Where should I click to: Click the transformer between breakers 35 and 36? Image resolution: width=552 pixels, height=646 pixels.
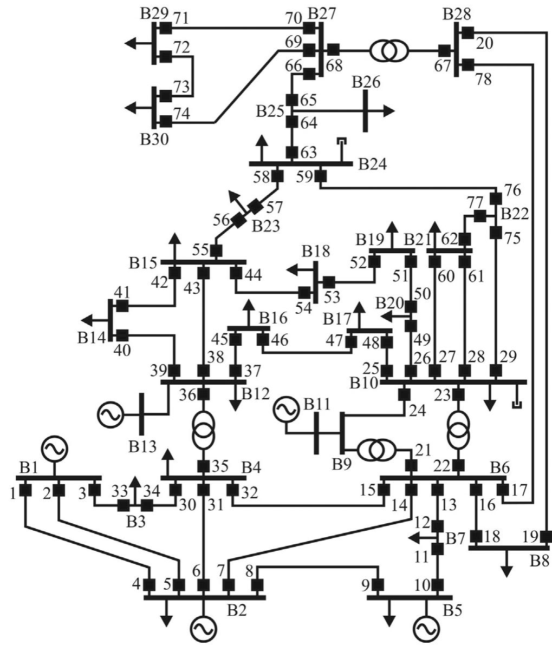203,427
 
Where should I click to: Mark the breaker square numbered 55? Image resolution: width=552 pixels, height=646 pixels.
216,251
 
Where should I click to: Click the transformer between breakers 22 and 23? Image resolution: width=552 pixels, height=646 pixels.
459,427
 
